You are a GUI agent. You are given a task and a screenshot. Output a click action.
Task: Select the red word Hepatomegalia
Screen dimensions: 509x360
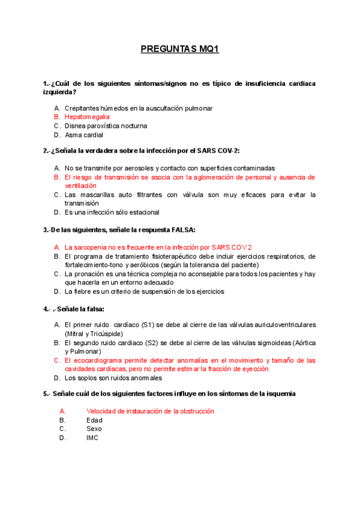[87, 117]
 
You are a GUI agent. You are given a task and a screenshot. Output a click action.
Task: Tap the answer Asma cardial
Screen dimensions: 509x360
[84, 135]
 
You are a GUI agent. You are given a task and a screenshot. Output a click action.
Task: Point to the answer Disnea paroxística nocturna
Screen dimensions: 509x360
[106, 126]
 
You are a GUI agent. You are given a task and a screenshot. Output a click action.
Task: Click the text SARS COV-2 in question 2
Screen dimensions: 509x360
[220, 151]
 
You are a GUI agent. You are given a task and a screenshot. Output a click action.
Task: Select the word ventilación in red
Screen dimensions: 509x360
[80, 186]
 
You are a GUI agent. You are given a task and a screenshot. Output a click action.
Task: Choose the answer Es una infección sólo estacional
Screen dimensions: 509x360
[112, 212]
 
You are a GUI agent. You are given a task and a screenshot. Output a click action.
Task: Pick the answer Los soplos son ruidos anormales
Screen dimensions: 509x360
[113, 378]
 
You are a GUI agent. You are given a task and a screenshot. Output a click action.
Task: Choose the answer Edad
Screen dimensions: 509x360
[94, 420]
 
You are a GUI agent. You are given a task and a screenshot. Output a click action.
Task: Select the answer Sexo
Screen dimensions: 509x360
[94, 429]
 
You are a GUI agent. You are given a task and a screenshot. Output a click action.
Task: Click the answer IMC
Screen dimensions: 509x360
[92, 438]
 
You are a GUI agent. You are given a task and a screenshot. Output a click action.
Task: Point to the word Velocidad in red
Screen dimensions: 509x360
[101, 411]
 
